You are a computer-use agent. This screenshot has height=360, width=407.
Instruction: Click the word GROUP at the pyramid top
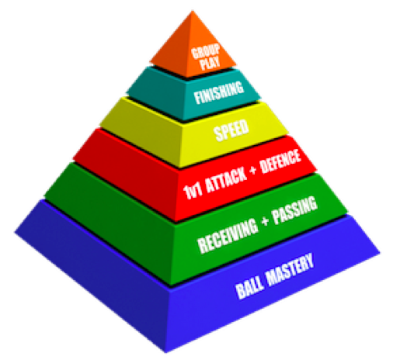coord(206,52)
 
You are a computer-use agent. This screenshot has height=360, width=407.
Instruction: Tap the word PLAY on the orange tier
coord(210,63)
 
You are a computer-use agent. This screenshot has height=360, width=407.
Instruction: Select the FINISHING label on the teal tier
coord(219,92)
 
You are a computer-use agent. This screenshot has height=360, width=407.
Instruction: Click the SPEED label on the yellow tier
coord(231,130)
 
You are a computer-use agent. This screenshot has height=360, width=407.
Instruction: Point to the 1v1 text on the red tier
coord(193,191)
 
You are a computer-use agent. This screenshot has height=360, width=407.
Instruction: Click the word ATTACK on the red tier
coord(226,179)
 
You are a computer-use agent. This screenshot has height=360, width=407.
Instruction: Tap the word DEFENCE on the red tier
coord(280,161)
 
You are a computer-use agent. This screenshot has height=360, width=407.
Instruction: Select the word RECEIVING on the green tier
coord(228,236)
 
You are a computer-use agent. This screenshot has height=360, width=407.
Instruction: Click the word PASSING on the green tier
coord(294,210)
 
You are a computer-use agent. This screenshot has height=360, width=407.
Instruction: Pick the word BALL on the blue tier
coord(250,288)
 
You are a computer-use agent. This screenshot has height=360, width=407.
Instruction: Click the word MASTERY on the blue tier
coord(290,270)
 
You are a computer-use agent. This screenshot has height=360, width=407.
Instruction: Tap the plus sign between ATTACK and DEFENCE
coord(252,170)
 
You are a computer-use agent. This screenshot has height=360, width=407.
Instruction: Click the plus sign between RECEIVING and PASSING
coord(265,222)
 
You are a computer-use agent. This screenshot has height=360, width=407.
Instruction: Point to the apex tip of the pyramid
coord(193,11)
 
